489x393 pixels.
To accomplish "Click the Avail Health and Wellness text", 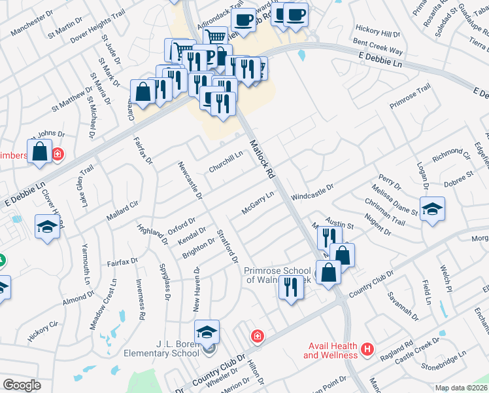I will (x=330, y=350).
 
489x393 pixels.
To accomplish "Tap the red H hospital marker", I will (x=367, y=350).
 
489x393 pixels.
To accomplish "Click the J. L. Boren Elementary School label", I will (x=161, y=348).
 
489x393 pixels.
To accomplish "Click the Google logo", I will (x=22, y=385).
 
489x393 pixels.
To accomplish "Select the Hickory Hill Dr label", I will (x=377, y=31).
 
